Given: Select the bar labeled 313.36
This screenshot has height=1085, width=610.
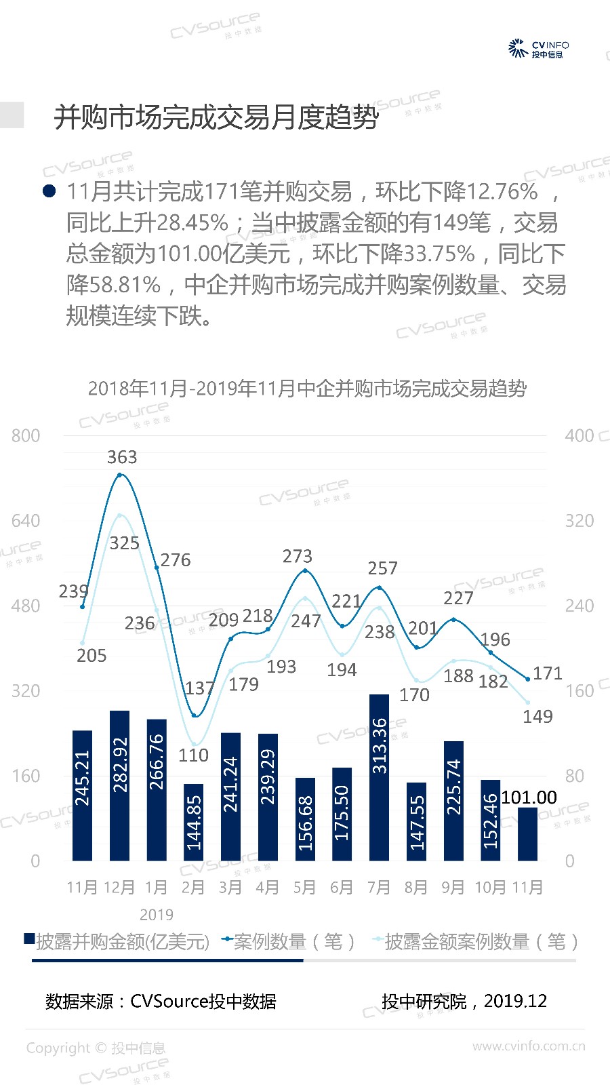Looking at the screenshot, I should [380, 777].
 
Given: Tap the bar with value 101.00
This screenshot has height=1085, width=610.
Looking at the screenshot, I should [527, 833].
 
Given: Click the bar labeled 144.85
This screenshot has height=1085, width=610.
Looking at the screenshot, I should [194, 822].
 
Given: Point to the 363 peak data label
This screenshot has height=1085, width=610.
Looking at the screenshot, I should [122, 458].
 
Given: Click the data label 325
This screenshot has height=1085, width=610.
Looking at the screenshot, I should [124, 543].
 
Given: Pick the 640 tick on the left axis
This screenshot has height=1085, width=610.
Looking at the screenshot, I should [26, 521].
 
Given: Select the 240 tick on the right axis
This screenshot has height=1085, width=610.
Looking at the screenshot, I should [579, 606].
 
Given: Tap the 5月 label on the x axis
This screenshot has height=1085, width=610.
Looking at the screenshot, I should [304, 888].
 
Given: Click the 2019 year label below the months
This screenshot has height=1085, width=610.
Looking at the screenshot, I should [157, 915].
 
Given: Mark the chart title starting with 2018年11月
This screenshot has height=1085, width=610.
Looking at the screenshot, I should [307, 389].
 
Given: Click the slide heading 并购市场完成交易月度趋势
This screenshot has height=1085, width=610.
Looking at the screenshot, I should [216, 117].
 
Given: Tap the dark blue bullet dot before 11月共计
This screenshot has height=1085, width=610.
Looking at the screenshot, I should [49, 191].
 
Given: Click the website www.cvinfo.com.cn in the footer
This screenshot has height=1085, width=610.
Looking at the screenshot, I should [529, 1046].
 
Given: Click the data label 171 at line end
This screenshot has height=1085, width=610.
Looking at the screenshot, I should [548, 673].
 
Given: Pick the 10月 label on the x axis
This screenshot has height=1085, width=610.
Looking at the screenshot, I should [490, 888].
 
